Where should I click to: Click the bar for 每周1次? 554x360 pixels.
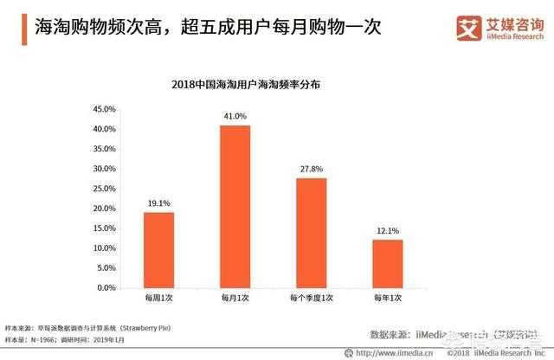[x=158, y=249]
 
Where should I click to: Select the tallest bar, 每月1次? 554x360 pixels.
[x=235, y=206]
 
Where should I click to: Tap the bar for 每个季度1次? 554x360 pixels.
[x=312, y=232]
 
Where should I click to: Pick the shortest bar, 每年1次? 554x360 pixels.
[x=388, y=263]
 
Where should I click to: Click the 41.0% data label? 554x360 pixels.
[x=235, y=116]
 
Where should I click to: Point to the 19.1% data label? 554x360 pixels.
[x=158, y=202]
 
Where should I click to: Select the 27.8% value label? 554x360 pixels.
[x=312, y=168]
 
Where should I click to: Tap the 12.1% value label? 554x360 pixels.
[x=388, y=230]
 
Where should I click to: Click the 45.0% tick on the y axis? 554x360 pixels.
[x=104, y=109]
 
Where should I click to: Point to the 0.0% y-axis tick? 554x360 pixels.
[x=106, y=287]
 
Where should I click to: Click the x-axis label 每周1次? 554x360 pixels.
[x=158, y=298]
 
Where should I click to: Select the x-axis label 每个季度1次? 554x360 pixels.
[x=312, y=298]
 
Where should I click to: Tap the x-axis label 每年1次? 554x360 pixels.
[x=388, y=298]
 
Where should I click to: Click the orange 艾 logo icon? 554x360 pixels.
[x=469, y=27]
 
